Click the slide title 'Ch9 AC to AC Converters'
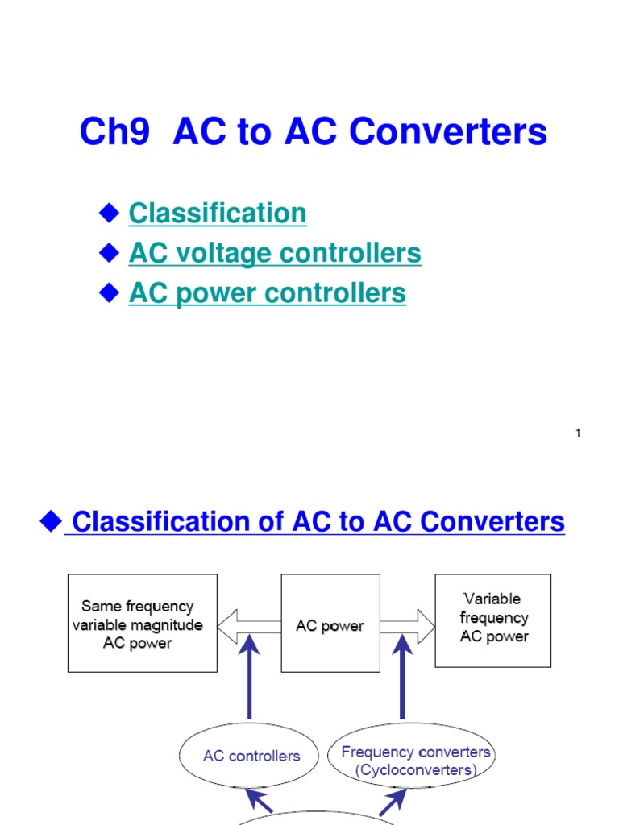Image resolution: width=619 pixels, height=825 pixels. [313, 132]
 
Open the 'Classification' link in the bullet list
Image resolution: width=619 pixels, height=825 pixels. [218, 214]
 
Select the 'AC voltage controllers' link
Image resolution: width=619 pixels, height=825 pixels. [275, 254]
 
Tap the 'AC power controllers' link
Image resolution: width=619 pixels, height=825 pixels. [267, 293]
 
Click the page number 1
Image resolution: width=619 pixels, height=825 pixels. [578, 434]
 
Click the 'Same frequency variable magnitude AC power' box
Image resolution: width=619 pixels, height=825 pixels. [142, 623]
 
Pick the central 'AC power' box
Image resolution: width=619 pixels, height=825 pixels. [330, 623]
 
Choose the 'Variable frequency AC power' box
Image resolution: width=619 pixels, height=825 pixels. [493, 619]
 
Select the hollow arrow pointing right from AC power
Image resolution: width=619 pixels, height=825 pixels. [407, 626]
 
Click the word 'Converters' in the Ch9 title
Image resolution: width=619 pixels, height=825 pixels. [467, 132]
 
